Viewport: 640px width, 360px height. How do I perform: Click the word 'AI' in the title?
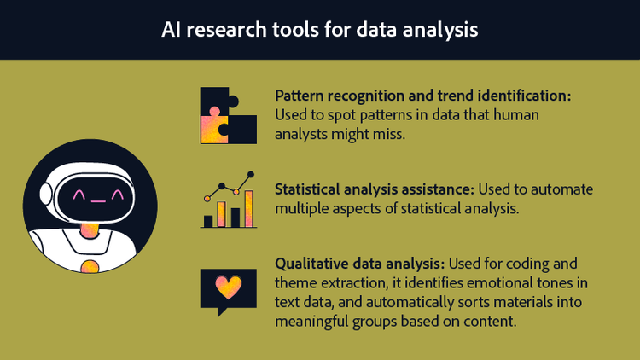[172, 30]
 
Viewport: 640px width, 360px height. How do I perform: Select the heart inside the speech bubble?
[228, 287]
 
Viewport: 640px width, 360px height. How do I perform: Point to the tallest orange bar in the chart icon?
[248, 209]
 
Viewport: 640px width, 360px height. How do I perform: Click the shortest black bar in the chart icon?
[207, 221]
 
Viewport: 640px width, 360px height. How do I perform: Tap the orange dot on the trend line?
[207, 197]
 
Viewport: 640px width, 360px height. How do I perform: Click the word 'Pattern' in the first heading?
[300, 96]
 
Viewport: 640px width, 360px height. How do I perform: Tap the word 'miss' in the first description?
[388, 134]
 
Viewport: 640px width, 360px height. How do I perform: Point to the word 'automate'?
[567, 189]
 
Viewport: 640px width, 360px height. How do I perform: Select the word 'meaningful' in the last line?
[316, 321]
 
